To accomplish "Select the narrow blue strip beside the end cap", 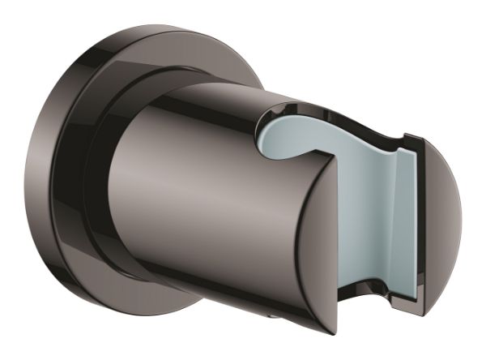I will pyautogui.click(x=409, y=219).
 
